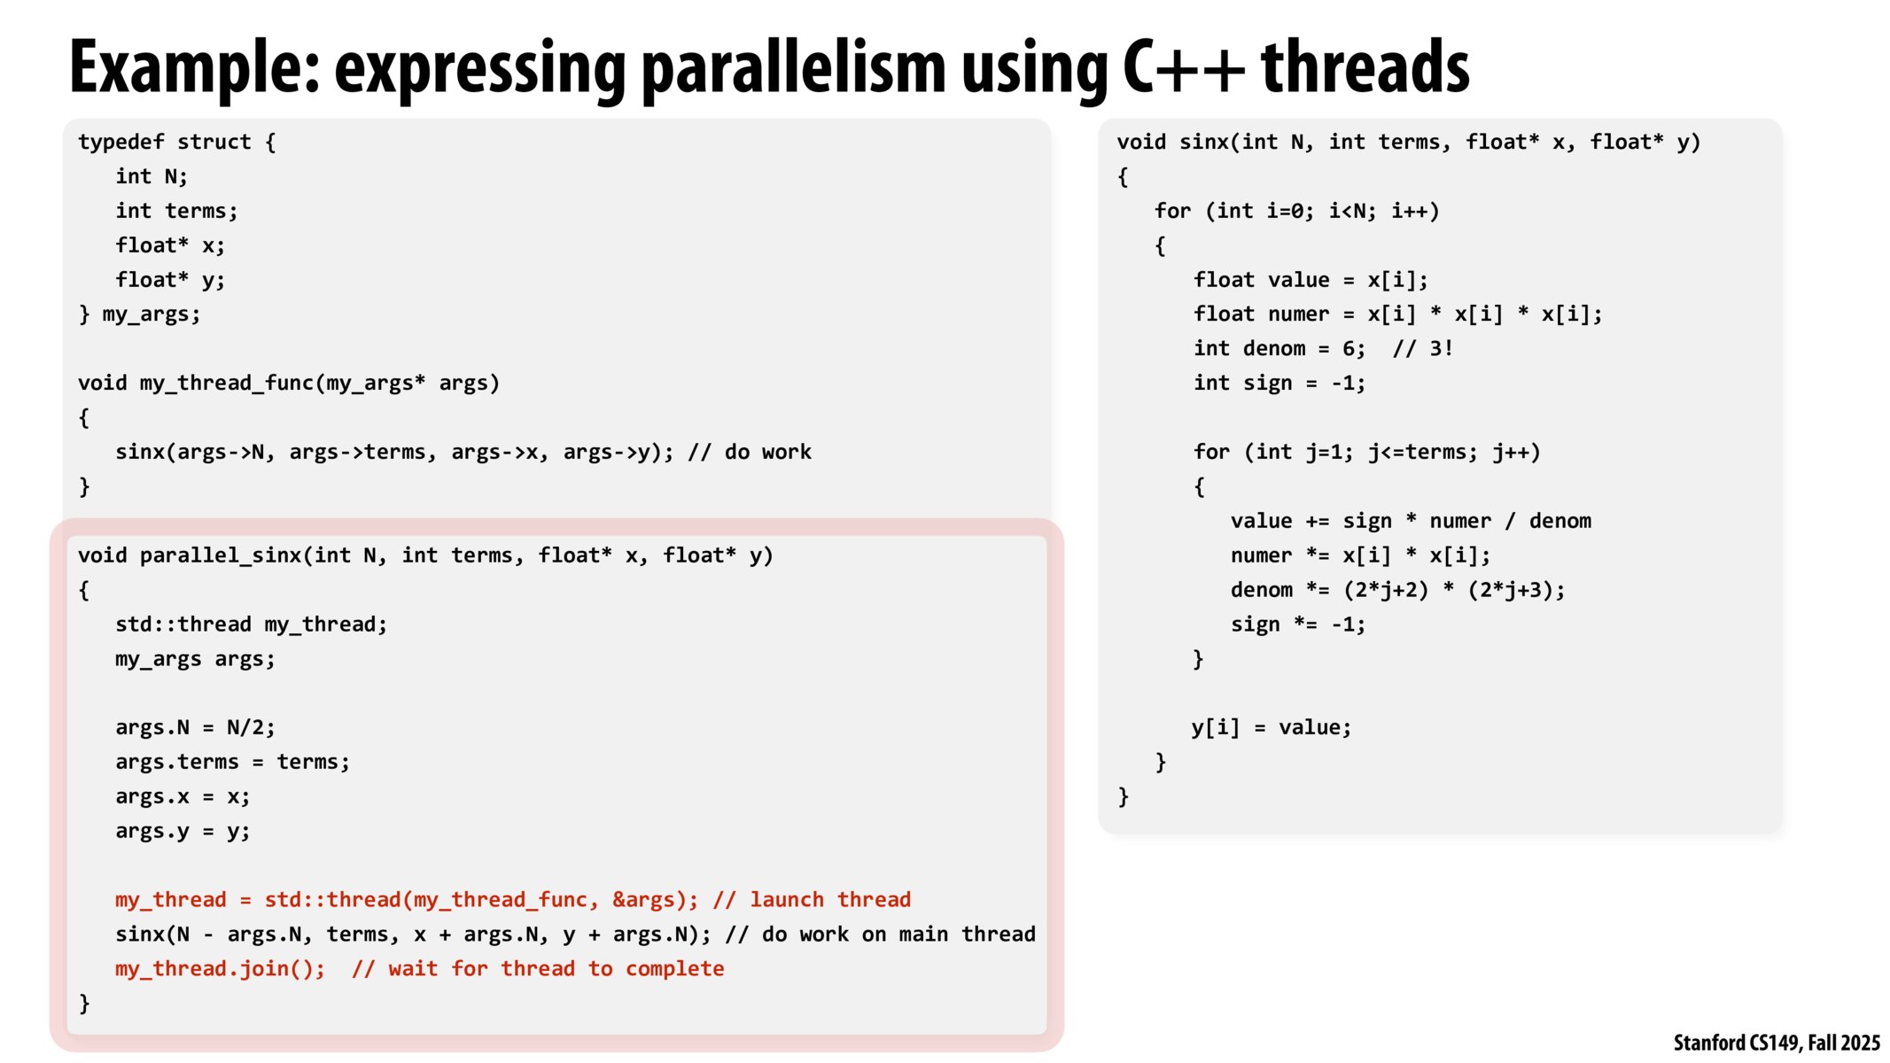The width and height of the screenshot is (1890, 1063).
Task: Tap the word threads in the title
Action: click(x=1365, y=66)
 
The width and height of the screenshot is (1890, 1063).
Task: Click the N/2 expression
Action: click(x=251, y=727)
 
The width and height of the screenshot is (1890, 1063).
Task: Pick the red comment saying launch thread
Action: click(x=812, y=900)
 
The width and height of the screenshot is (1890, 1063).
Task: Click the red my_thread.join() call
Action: click(x=221, y=969)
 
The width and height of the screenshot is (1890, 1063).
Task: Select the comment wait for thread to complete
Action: click(x=538, y=969)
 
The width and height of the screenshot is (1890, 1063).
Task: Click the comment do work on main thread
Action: click(x=880, y=935)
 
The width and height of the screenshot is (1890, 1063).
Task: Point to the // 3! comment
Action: click(x=1423, y=348)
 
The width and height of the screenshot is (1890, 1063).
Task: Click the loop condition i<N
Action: click(x=1352, y=211)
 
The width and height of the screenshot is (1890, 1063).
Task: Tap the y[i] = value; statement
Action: click(x=1272, y=728)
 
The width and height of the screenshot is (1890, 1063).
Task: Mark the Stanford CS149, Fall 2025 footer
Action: click(x=1777, y=1043)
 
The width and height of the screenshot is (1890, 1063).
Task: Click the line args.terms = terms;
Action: click(x=233, y=762)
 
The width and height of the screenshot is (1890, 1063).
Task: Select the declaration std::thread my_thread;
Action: click(x=252, y=625)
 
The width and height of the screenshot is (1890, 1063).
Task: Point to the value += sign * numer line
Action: click(x=1411, y=521)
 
